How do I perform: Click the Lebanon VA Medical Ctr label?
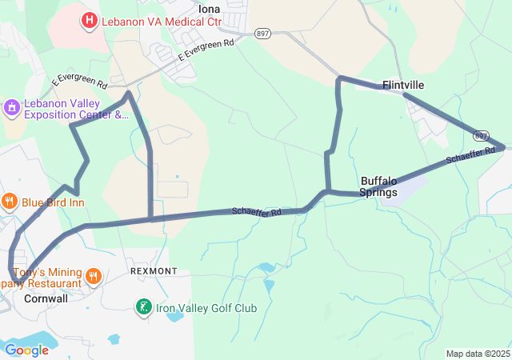point(160,21)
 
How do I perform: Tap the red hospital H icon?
point(90,19)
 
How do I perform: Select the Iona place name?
point(210,9)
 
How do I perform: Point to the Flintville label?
point(403,85)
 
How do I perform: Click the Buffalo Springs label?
point(378,186)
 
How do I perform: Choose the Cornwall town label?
point(46,298)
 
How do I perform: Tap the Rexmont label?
point(154,272)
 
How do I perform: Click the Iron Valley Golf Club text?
point(206,308)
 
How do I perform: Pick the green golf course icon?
point(143,307)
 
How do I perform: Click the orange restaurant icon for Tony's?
point(94,277)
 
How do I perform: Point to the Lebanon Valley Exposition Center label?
point(75,109)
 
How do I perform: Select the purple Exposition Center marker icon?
point(11,107)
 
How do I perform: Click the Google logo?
point(26,350)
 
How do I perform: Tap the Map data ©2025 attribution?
point(478,354)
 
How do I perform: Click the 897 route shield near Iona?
point(262,33)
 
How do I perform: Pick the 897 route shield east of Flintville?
point(481,135)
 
